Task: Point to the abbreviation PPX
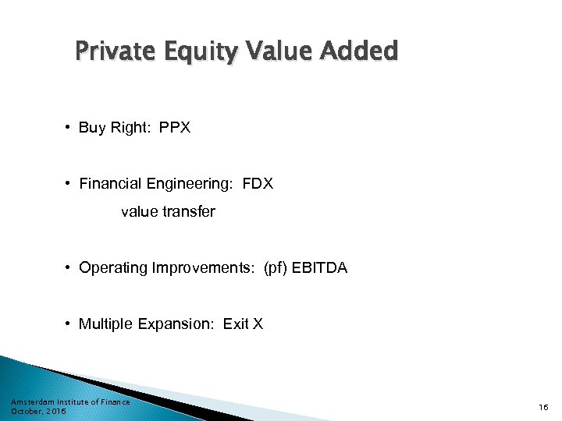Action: [175, 128]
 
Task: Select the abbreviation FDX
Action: [258, 184]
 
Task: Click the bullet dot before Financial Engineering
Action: [69, 184]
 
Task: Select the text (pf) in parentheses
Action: [275, 268]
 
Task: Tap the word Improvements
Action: [202, 268]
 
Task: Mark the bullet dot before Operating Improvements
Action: [69, 268]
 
